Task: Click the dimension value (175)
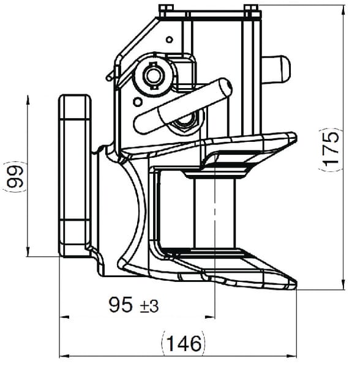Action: (331, 150)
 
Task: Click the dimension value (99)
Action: (15, 177)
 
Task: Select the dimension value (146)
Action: (184, 344)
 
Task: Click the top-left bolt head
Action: (165, 10)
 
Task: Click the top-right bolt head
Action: (251, 10)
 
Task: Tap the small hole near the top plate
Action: (170, 40)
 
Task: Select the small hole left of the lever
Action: (137, 102)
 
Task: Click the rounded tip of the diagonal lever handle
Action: (225, 87)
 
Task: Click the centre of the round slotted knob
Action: (154, 75)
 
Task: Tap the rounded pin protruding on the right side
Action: (276, 69)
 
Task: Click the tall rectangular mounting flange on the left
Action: (75, 176)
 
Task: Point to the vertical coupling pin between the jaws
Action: (214, 213)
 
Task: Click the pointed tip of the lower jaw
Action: (296, 285)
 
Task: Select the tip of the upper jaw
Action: (294, 136)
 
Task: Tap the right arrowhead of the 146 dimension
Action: (292, 356)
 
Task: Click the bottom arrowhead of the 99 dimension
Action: (28, 251)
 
